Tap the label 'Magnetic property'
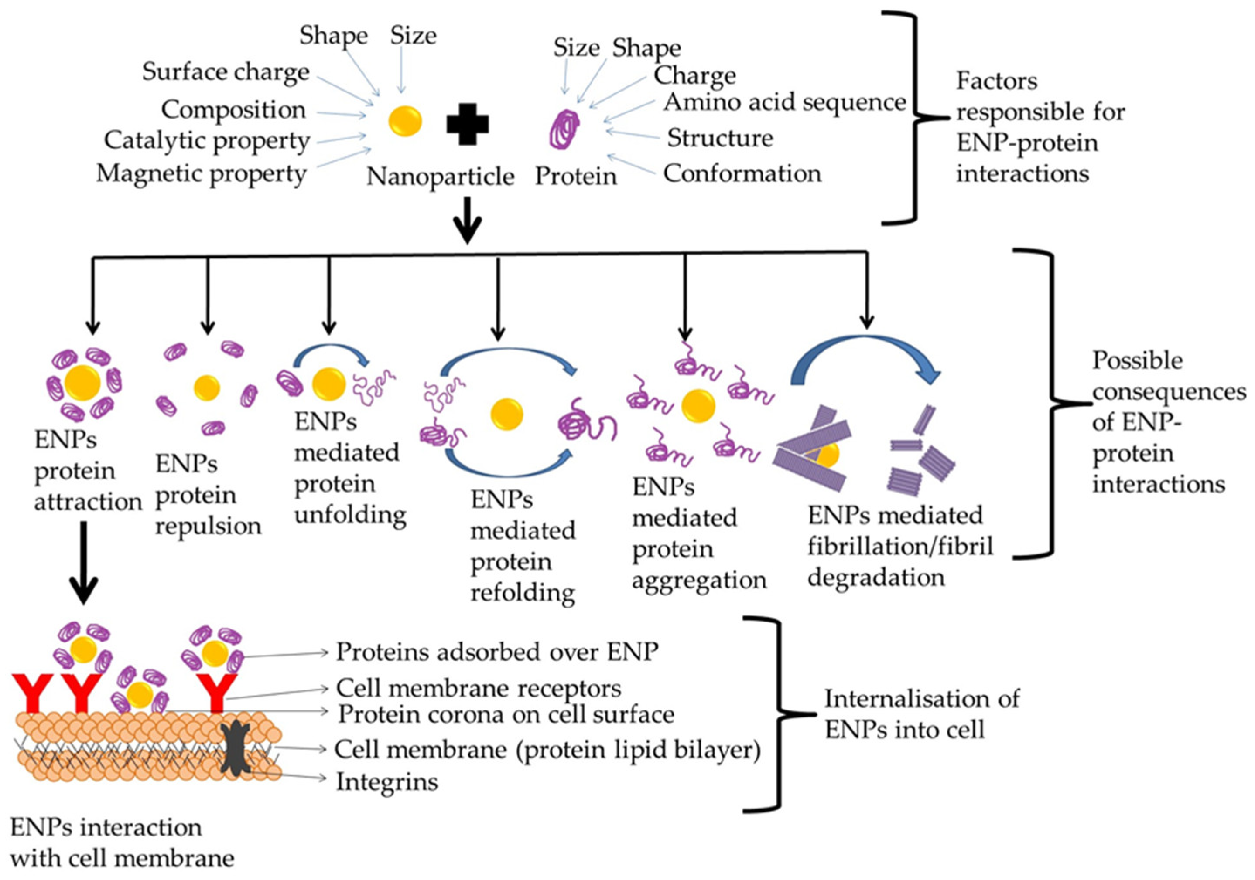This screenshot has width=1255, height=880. [201, 174]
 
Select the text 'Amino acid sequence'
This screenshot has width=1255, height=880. [785, 102]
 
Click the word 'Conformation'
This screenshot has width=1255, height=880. [742, 174]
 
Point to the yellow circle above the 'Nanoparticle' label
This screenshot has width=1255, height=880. [405, 121]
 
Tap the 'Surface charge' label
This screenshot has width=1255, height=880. [226, 72]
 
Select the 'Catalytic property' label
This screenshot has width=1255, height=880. [207, 141]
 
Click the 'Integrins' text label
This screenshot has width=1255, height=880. [387, 781]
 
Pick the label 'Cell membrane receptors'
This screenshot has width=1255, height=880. [478, 688]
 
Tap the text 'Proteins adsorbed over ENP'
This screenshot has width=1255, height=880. [496, 651]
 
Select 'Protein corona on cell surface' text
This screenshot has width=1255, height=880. [506, 714]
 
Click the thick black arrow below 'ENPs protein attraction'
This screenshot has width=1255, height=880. [84, 563]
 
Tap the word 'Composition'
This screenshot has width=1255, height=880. [233, 110]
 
